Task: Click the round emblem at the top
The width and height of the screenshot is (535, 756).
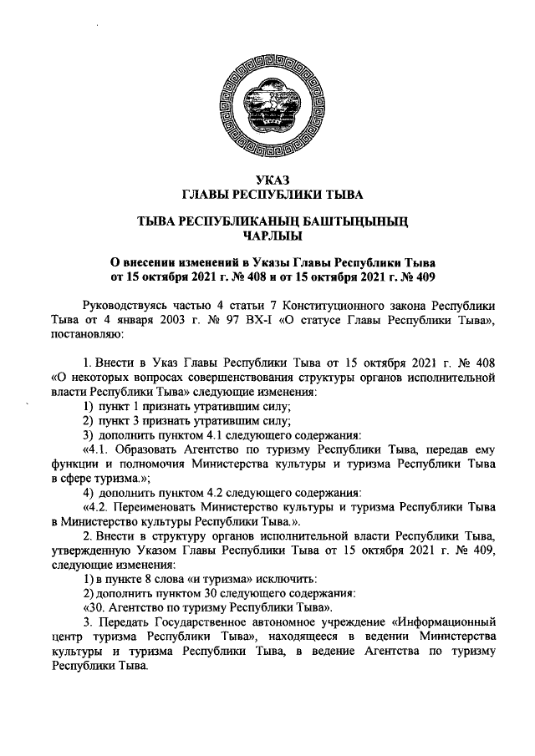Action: click(268, 110)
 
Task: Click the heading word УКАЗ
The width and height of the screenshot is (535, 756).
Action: click(267, 181)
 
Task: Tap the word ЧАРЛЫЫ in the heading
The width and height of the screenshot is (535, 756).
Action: click(267, 236)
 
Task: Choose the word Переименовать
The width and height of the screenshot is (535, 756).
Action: click(155, 505)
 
